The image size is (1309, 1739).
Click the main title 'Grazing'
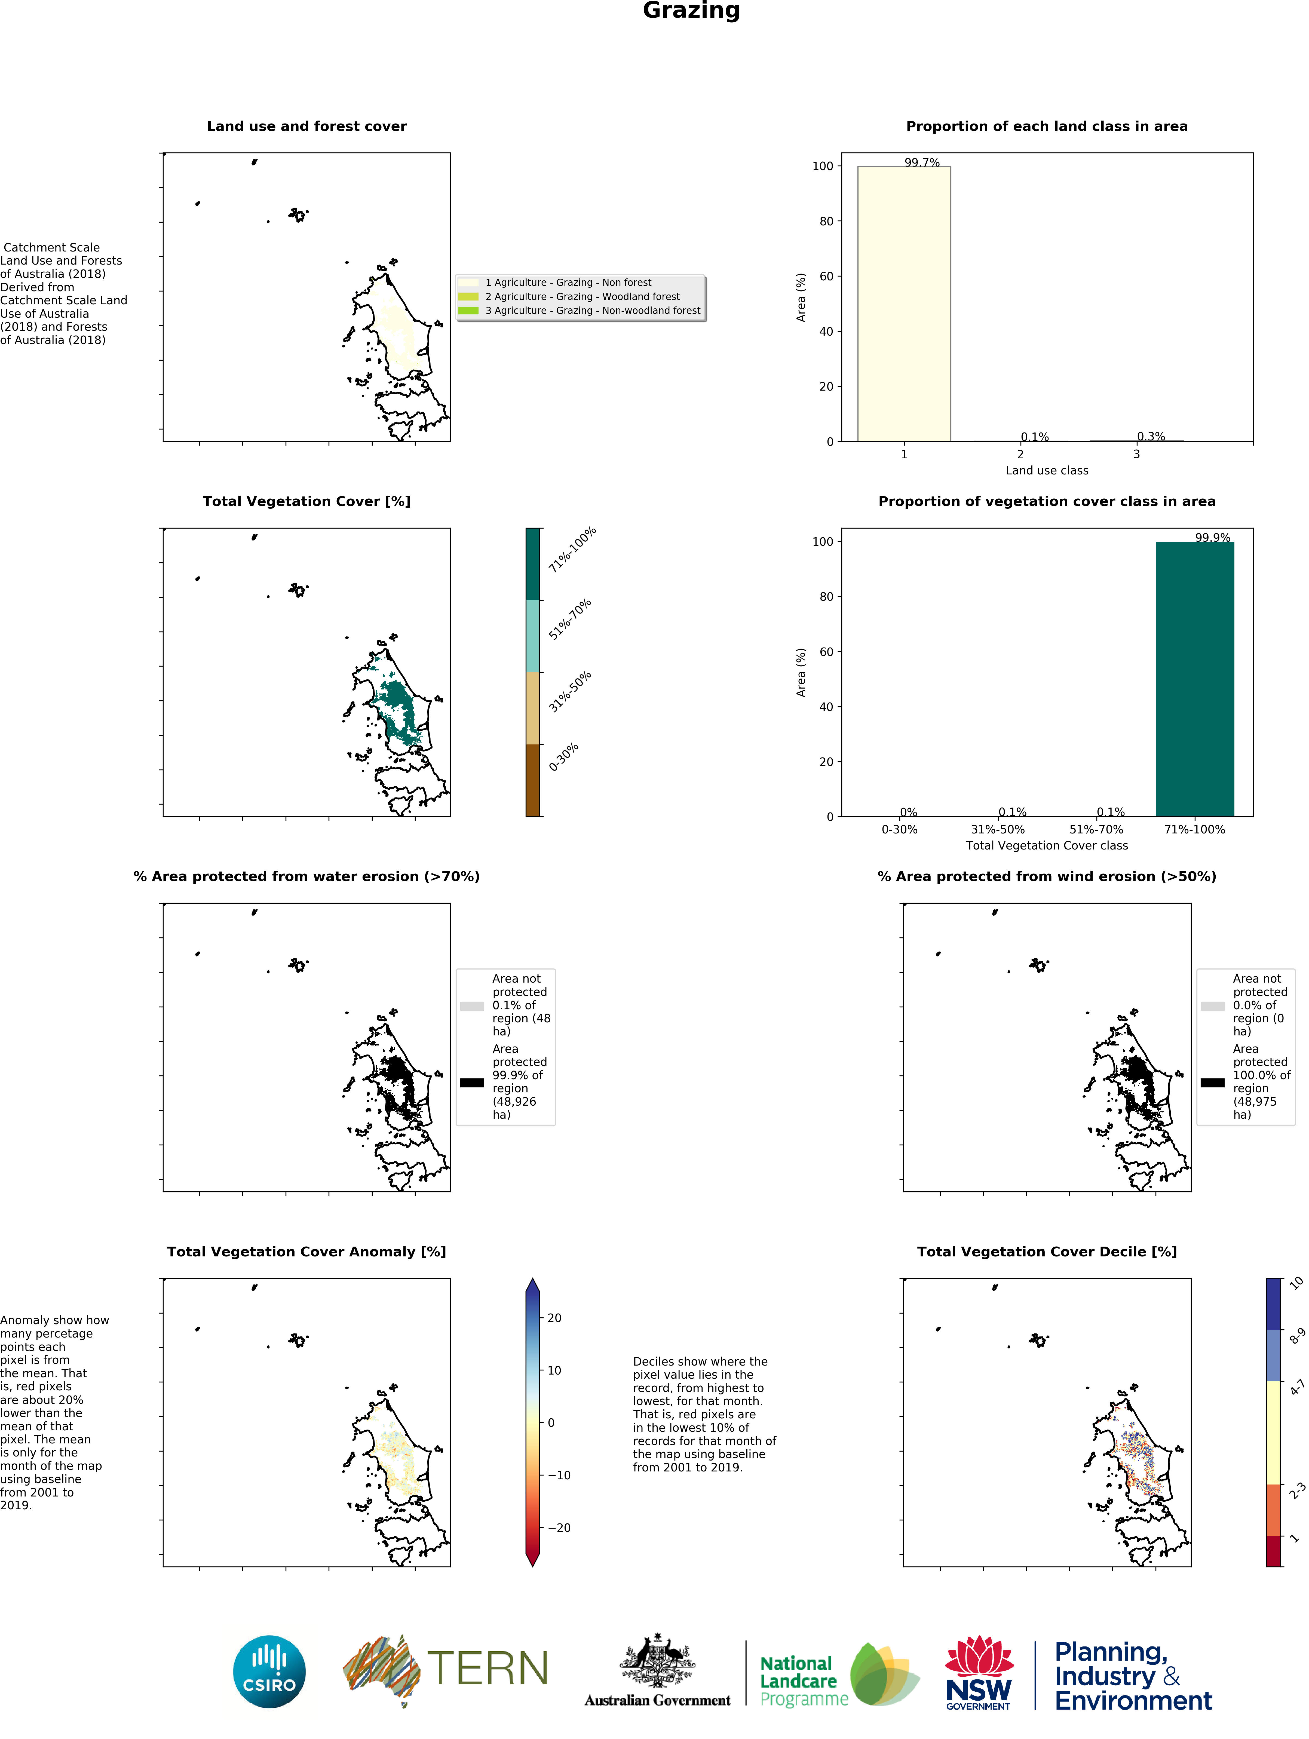click(x=691, y=11)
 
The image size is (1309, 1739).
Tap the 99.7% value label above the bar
click(x=921, y=163)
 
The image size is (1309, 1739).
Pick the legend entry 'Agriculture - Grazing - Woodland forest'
click(x=582, y=296)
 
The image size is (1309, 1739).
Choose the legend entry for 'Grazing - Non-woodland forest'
click(x=592, y=311)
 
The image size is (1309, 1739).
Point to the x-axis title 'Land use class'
click(x=1046, y=470)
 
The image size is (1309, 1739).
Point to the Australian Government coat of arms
click(x=657, y=1659)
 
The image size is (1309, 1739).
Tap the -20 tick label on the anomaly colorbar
click(x=559, y=1528)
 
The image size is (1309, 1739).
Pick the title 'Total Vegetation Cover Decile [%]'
click(x=1046, y=1252)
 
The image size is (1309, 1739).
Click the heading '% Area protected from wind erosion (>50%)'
click(x=1046, y=876)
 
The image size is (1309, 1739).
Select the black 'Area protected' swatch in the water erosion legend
click(x=472, y=1082)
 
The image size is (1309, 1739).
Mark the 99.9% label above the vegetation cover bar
click(x=1212, y=538)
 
